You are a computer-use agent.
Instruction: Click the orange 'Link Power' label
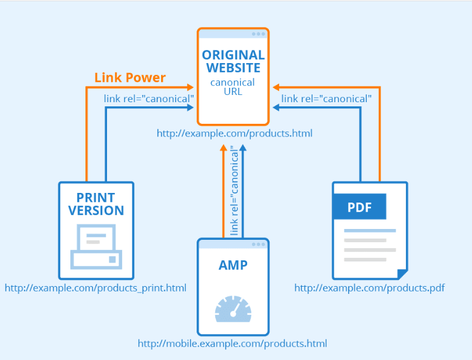(x=130, y=78)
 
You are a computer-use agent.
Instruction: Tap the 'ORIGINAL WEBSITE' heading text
(x=233, y=61)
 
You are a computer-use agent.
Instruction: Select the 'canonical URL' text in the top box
(x=233, y=87)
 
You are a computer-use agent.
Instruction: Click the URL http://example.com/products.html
(x=234, y=133)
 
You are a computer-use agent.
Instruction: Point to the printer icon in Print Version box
(x=96, y=246)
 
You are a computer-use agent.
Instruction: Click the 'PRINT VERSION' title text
(x=96, y=204)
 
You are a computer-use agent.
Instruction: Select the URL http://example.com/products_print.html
(x=96, y=288)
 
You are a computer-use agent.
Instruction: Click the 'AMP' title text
(x=233, y=265)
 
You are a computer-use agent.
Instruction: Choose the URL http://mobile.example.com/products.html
(x=232, y=344)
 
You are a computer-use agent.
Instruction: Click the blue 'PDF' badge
(x=359, y=209)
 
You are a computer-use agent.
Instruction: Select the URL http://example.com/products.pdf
(x=369, y=288)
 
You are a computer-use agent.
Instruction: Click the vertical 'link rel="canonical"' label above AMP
(x=234, y=191)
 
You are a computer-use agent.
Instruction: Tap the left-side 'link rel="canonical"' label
(x=149, y=98)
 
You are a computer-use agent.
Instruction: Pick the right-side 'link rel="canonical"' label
(x=326, y=98)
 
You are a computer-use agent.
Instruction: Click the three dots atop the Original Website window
(x=259, y=34)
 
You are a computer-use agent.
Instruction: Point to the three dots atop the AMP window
(x=259, y=244)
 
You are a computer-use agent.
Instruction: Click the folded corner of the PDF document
(x=402, y=274)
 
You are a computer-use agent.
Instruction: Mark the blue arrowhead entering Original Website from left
(x=190, y=108)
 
